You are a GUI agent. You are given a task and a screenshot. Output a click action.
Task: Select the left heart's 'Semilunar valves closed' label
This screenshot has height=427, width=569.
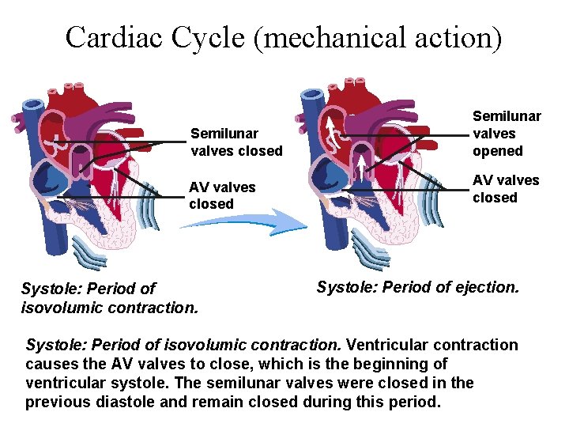click(236, 142)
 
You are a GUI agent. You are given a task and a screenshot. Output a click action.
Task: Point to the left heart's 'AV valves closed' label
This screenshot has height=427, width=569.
click(222, 195)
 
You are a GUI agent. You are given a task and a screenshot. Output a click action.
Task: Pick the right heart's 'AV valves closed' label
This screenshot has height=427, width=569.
click(506, 188)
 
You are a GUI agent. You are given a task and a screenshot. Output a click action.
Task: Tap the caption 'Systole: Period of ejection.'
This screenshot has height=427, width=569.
click(418, 287)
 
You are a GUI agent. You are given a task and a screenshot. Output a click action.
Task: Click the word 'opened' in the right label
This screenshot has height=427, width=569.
click(498, 151)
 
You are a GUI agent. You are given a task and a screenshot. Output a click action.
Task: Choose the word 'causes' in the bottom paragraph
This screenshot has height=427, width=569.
click(51, 364)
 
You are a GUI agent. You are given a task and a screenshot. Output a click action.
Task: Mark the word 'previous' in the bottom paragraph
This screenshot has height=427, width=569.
click(54, 402)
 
